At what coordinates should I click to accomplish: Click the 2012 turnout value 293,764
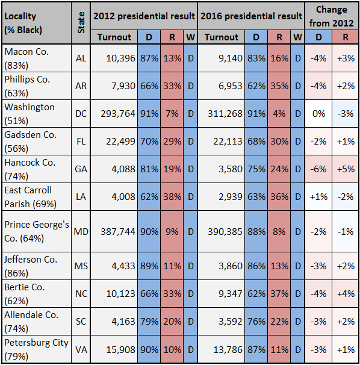(118, 114)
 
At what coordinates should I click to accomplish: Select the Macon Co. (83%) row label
(26, 58)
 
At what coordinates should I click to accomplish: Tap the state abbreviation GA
(81, 169)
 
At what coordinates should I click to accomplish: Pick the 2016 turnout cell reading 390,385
(225, 232)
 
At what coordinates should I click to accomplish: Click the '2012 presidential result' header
(144, 16)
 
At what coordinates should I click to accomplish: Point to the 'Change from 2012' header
(331, 16)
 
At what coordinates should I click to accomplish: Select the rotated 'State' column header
(81, 22)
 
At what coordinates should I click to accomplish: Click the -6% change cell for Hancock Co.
(318, 169)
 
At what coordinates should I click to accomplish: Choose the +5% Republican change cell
(346, 169)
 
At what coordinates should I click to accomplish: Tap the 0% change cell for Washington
(318, 114)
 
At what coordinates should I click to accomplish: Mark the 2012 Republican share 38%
(172, 197)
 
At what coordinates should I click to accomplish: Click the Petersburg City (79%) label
(36, 349)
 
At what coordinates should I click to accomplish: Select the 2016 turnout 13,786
(228, 349)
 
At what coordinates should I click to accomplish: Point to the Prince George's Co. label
(37, 231)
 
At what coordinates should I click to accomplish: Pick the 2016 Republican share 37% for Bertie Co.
(279, 294)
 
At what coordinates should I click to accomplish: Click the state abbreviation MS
(81, 266)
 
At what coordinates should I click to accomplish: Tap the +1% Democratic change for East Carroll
(318, 197)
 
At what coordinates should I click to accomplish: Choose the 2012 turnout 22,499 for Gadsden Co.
(120, 142)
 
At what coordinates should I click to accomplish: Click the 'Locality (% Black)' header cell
(23, 23)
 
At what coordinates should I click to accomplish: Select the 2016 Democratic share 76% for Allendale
(256, 322)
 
